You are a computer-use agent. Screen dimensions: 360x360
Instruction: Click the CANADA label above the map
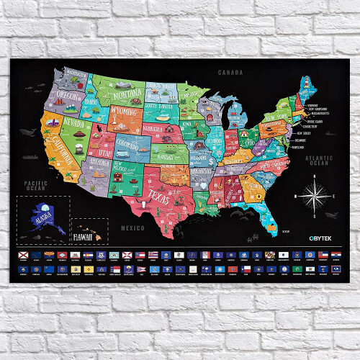pos(231,73)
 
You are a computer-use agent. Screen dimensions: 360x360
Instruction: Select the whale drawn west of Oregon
pos(29,131)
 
